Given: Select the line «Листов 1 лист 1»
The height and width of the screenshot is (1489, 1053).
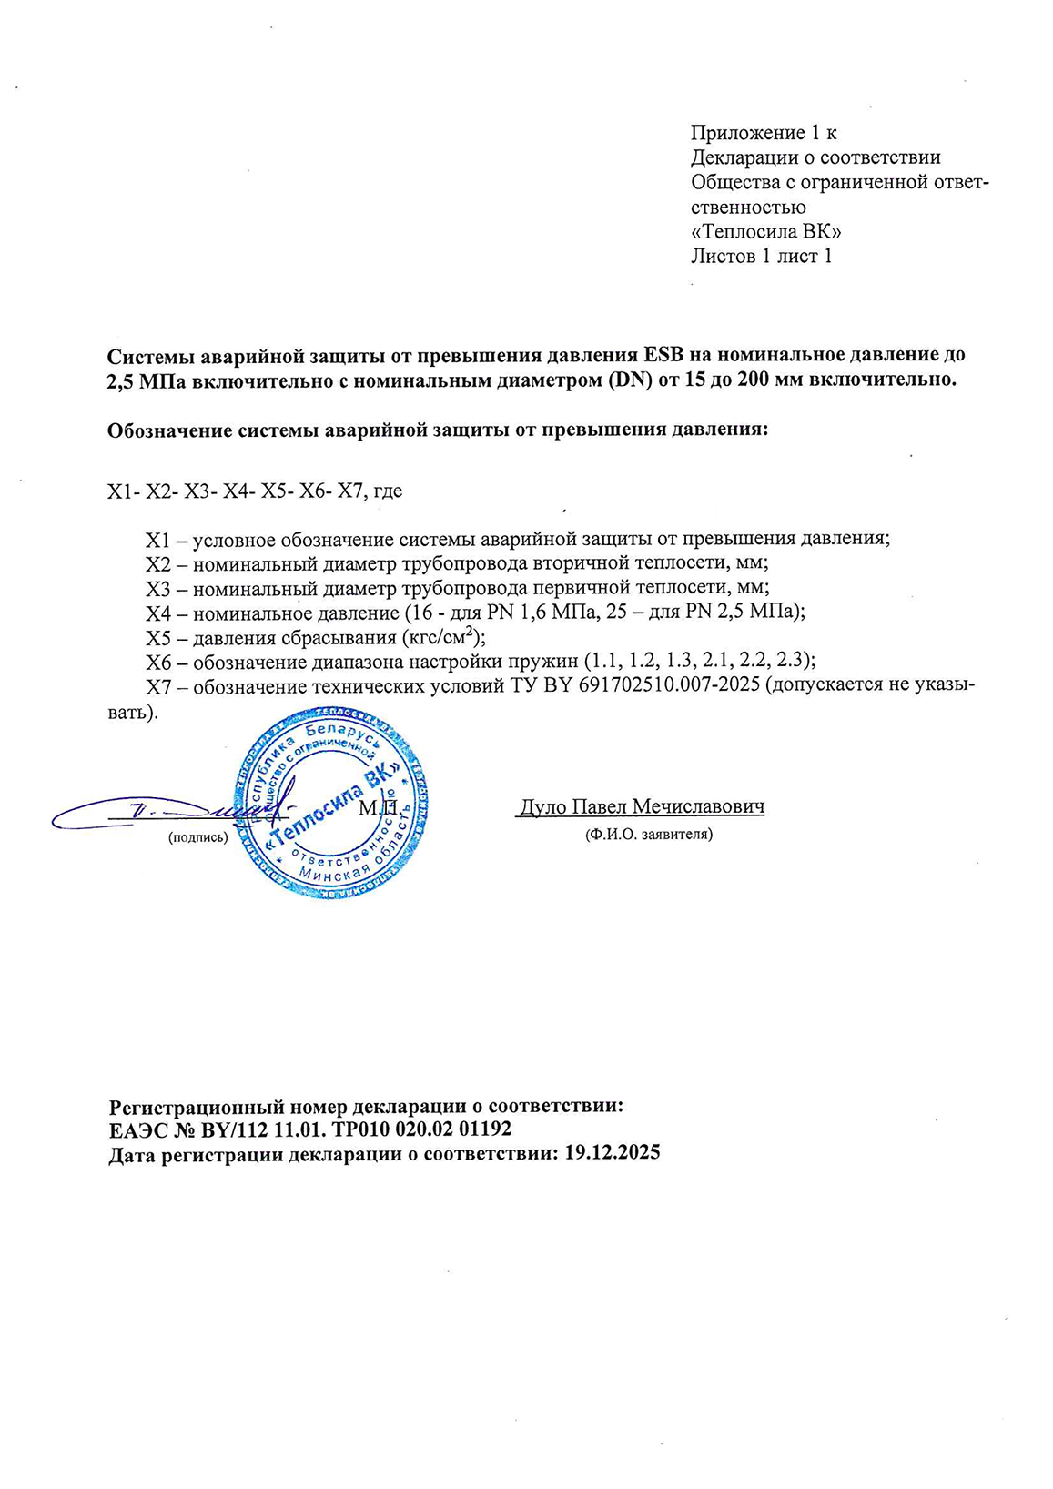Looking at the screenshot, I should (x=761, y=256).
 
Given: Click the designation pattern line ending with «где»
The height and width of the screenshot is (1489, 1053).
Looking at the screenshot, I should (x=255, y=491).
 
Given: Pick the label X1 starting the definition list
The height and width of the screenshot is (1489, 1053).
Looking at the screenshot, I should (x=158, y=538).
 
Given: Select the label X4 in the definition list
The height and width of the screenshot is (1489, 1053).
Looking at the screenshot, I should (x=158, y=612).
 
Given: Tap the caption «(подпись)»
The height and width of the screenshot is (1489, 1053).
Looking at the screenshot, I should (x=197, y=837).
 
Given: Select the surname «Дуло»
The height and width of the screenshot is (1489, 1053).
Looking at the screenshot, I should (x=543, y=806).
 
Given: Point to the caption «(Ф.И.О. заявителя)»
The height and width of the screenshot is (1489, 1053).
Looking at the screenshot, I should (x=648, y=834).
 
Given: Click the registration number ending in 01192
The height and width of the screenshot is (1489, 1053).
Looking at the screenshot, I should (x=309, y=1130).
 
